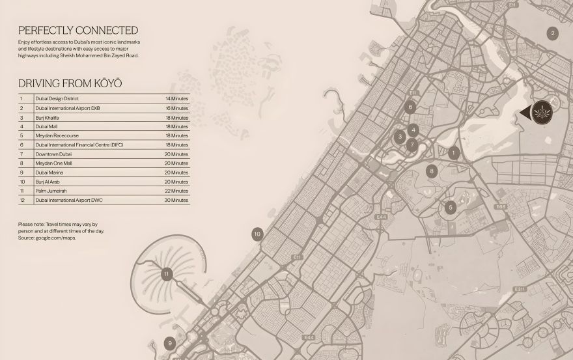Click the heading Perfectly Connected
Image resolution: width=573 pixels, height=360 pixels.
[x=78, y=30]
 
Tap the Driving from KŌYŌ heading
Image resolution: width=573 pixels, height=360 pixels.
[x=70, y=83]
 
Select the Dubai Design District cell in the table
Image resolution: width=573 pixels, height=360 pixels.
[x=58, y=98]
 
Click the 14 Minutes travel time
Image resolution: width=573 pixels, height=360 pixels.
[x=176, y=98]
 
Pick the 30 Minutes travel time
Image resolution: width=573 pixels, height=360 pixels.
[x=176, y=201]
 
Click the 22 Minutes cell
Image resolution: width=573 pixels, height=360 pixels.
[x=176, y=191]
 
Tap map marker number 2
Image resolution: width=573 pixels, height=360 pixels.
[x=552, y=34]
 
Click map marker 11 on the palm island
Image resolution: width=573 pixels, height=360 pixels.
[x=166, y=273]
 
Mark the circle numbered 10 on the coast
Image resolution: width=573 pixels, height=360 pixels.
[x=257, y=234]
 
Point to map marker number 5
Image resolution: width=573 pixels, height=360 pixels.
[x=451, y=208]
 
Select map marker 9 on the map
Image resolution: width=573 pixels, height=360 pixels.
[x=170, y=343]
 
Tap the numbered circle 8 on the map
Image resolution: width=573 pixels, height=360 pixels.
[x=431, y=171]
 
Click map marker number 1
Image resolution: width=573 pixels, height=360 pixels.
[x=454, y=153]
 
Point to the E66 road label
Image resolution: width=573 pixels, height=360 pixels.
[x=500, y=207]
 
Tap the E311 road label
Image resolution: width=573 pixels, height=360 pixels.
[x=519, y=288]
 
